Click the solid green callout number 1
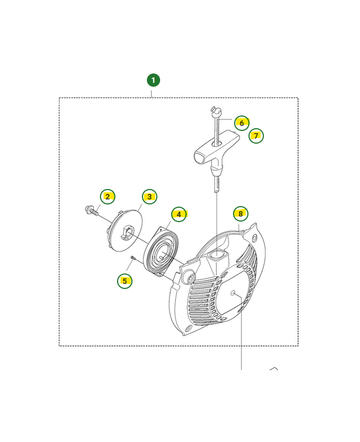(x=153, y=80)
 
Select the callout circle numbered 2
(x=108, y=197)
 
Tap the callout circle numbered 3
(x=150, y=197)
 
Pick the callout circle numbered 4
(x=179, y=214)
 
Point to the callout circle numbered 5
(x=125, y=281)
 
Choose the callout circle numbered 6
(x=242, y=123)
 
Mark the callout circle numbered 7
(x=256, y=136)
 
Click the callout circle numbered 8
(x=241, y=214)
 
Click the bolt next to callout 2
(x=92, y=211)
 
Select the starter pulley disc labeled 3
(x=126, y=230)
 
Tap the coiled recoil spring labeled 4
(x=161, y=250)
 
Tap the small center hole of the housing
(x=233, y=293)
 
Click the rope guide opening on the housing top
(x=217, y=255)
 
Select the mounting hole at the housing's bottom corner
(x=188, y=329)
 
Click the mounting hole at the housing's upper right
(x=255, y=238)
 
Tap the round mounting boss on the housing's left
(x=189, y=278)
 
